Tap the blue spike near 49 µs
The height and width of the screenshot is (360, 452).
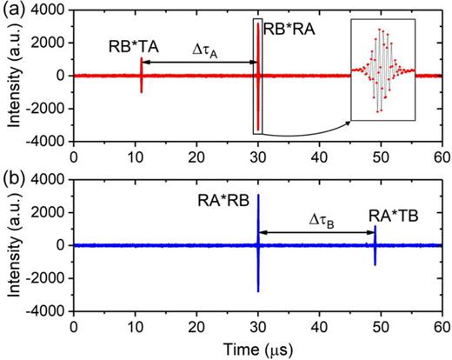(375, 245)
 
